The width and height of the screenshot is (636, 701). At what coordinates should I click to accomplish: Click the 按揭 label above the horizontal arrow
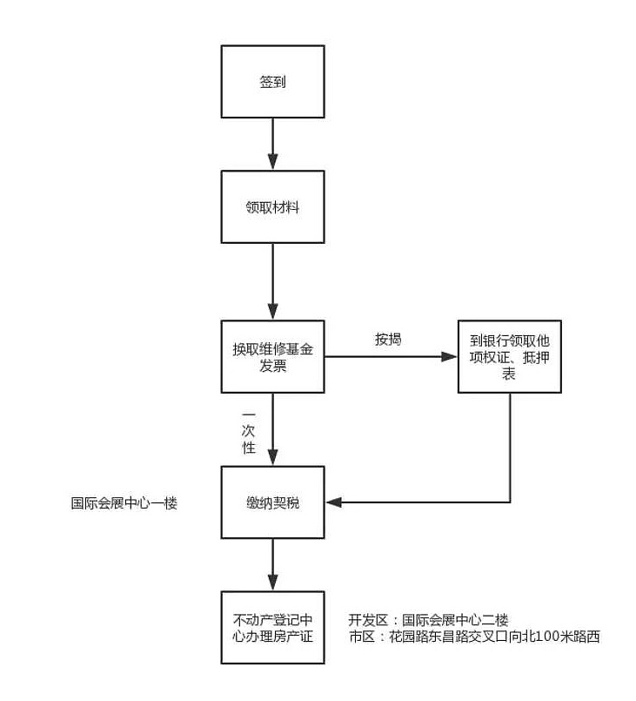click(x=388, y=340)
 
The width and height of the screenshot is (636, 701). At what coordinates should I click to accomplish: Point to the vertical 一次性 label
click(x=248, y=432)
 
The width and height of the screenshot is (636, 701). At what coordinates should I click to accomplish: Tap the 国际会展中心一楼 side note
click(x=124, y=503)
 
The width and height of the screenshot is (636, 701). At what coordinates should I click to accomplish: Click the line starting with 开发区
click(x=428, y=620)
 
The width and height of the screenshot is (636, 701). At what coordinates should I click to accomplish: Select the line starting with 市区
click(x=474, y=636)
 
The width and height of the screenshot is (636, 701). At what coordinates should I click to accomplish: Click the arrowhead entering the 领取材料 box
click(x=272, y=162)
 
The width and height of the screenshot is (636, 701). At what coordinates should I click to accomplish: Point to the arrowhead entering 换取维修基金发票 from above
click(x=272, y=312)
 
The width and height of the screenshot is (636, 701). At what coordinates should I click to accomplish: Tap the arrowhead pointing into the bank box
click(x=449, y=356)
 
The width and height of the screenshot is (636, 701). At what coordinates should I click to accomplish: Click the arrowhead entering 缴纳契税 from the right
click(x=333, y=502)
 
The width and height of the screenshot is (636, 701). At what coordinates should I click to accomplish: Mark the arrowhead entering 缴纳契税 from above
click(x=272, y=457)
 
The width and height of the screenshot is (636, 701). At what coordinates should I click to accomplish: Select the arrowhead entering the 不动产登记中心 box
click(x=272, y=583)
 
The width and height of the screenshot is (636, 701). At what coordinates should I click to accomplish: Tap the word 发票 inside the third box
click(x=272, y=366)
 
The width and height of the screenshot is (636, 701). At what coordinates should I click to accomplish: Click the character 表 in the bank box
click(x=509, y=374)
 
